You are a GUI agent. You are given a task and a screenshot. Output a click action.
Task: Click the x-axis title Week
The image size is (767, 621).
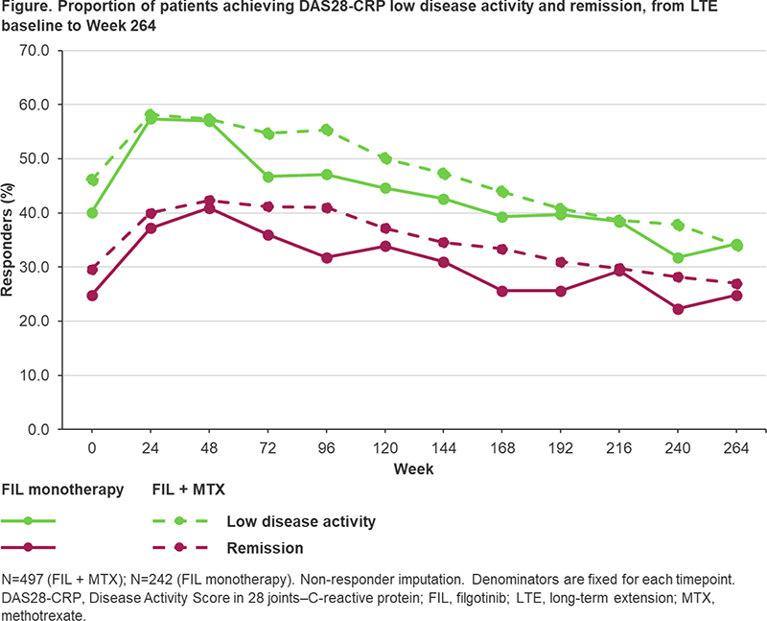pyautogui.click(x=414, y=469)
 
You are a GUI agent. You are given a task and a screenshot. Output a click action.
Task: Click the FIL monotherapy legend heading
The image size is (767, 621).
pyautogui.click(x=62, y=490)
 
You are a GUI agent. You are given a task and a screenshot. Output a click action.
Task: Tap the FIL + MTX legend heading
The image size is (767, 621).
pyautogui.click(x=188, y=490)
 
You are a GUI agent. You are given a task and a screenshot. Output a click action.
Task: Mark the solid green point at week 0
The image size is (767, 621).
pyautogui.click(x=92, y=212)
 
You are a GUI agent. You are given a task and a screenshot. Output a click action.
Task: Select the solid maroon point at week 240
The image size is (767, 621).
pyautogui.click(x=679, y=308)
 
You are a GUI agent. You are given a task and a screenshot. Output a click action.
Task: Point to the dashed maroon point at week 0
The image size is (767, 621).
pyautogui.click(x=92, y=270)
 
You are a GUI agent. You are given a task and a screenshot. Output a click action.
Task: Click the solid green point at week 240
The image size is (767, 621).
pyautogui.click(x=679, y=257)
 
